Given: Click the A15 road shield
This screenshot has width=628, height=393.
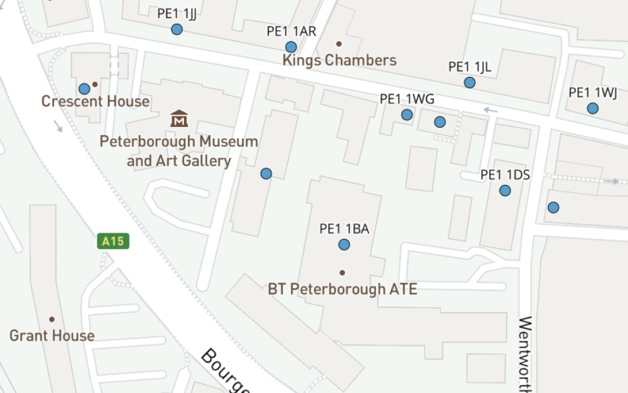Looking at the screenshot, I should pyautogui.click(x=113, y=241).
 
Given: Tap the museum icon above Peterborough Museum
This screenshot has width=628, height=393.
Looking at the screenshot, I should pyautogui.click(x=179, y=119).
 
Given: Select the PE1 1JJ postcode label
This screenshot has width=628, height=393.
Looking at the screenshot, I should pyautogui.click(x=176, y=13).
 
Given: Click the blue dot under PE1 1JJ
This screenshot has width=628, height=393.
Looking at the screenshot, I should pyautogui.click(x=177, y=29).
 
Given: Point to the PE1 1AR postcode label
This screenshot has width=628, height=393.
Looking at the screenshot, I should pyautogui.click(x=291, y=31).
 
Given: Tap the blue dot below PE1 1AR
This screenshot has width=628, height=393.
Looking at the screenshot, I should pyautogui.click(x=291, y=47).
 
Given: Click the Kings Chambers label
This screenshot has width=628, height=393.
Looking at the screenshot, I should pyautogui.click(x=339, y=61).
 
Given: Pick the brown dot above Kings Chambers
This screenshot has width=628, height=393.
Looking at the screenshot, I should pyautogui.click(x=339, y=43).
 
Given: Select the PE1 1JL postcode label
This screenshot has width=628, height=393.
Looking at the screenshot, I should pyautogui.click(x=470, y=67).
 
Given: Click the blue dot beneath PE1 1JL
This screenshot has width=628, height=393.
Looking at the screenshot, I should pyautogui.click(x=469, y=83).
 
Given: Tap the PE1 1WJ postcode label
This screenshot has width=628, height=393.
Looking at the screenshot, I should pyautogui.click(x=593, y=93).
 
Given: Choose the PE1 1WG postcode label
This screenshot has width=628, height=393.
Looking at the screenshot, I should pyautogui.click(x=406, y=99).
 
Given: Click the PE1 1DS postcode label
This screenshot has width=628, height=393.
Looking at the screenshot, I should pyautogui.click(x=505, y=174).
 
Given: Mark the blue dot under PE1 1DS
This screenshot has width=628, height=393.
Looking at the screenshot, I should pyautogui.click(x=505, y=191).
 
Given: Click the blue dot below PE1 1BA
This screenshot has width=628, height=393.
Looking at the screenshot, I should pyautogui.click(x=344, y=245).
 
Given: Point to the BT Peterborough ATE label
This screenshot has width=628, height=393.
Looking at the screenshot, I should pyautogui.click(x=343, y=289).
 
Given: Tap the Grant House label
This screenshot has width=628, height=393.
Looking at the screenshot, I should pyautogui.click(x=52, y=336).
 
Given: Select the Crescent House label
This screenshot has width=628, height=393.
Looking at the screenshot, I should pyautogui.click(x=96, y=102).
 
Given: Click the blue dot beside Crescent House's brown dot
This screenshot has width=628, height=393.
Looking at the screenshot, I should pyautogui.click(x=83, y=88).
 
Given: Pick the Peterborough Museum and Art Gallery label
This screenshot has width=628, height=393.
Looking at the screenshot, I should pyautogui.click(x=179, y=151).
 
